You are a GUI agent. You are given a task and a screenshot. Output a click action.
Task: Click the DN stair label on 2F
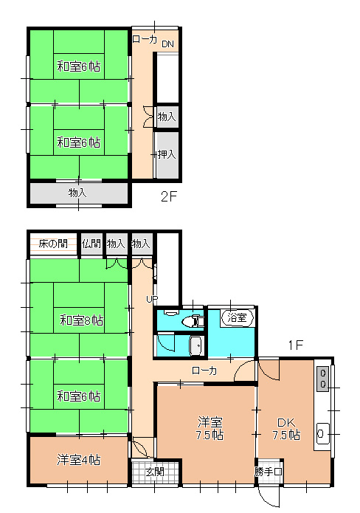[x=167, y=44]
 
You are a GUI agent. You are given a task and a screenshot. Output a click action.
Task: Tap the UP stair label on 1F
[x=152, y=299]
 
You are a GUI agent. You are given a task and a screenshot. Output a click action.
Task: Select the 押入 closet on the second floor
[x=167, y=155]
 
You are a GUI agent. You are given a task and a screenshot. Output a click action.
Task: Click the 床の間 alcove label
[x=53, y=244]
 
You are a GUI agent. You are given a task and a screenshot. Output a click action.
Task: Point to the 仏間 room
[x=91, y=244]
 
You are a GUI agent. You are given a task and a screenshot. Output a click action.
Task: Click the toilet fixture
[x=195, y=320]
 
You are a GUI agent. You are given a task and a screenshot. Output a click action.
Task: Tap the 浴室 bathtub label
[x=237, y=317]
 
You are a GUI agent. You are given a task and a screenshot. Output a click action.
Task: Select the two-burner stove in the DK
[x=323, y=378]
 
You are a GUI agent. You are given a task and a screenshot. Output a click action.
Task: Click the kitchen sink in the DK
[x=323, y=434]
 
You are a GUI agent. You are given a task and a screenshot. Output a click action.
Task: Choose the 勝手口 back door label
[x=268, y=472]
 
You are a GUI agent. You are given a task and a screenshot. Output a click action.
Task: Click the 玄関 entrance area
[x=155, y=472]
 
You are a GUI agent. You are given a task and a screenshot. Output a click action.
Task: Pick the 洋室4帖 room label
[x=78, y=460]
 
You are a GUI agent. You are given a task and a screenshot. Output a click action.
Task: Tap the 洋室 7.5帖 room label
[x=210, y=429]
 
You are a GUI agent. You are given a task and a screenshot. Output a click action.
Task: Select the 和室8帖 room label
[x=82, y=320]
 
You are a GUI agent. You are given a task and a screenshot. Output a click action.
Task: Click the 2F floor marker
[x=169, y=196]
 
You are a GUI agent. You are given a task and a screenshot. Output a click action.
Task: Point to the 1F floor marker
[x=296, y=345]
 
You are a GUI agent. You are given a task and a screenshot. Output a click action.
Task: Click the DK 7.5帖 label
[x=286, y=429]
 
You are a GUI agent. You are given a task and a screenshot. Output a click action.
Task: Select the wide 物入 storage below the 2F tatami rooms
[x=78, y=193]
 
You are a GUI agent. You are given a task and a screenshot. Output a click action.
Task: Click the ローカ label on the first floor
[x=204, y=371]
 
